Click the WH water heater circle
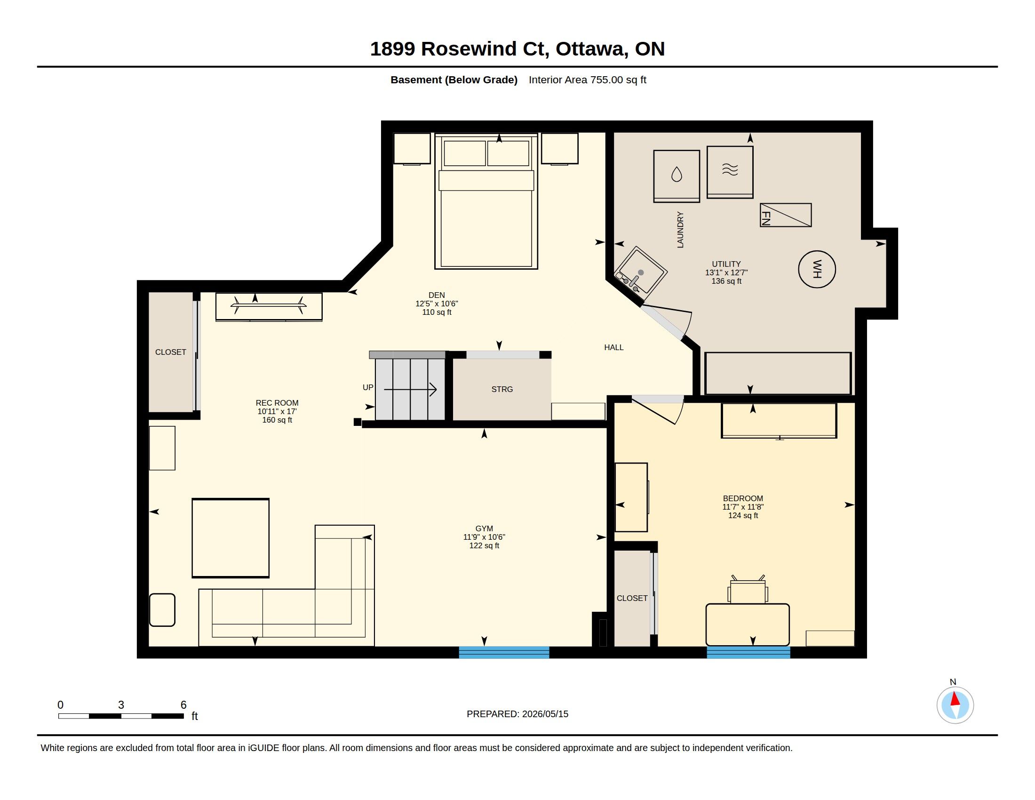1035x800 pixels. (817, 269)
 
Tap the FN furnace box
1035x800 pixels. (785, 215)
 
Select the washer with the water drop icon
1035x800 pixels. (676, 176)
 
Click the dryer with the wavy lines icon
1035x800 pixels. (730, 172)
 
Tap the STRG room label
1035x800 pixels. (502, 389)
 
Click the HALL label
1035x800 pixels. (613, 347)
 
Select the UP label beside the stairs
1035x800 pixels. (368, 387)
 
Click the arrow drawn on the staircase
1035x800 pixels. (410, 390)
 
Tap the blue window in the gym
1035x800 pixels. (504, 652)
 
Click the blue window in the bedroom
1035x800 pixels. (748, 652)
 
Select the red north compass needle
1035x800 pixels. (955, 699)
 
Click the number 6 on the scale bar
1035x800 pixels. (183, 705)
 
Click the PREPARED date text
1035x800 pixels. (517, 714)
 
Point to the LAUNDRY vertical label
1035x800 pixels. (680, 230)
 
